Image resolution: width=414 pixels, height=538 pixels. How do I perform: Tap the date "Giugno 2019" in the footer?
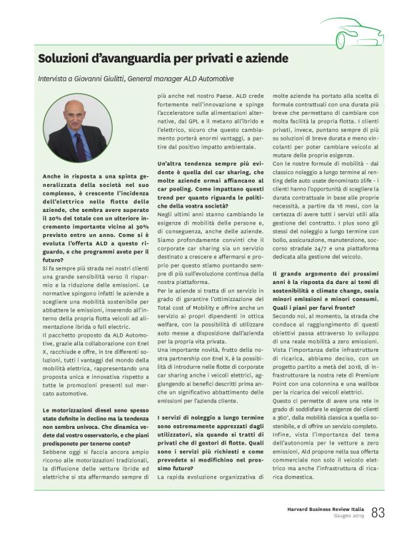348,517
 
